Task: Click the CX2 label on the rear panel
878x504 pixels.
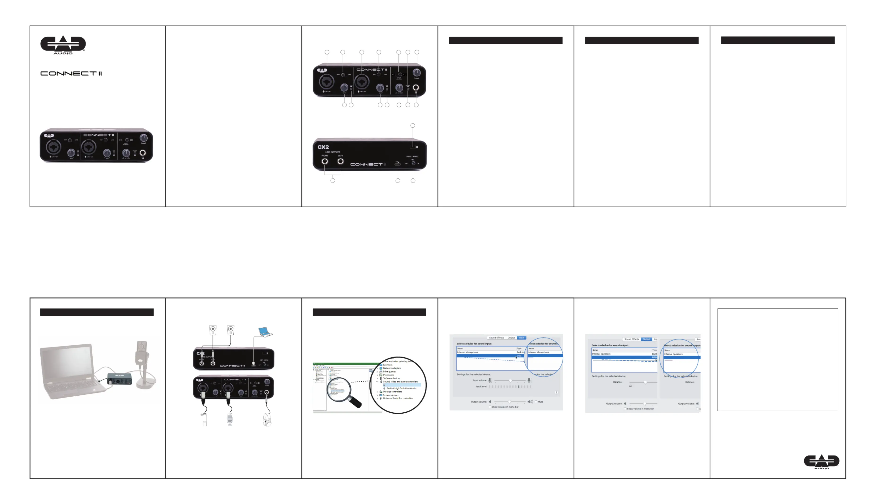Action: [323, 147]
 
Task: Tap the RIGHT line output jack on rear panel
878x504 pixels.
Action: [325, 161]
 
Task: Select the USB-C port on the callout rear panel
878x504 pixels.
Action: [397, 164]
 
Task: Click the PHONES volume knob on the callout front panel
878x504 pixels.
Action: [417, 72]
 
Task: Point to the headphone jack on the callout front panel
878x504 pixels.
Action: [416, 88]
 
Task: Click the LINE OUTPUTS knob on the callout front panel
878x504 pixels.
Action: [399, 88]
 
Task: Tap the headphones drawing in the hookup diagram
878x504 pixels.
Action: [267, 420]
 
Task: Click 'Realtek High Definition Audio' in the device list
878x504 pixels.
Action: [401, 388]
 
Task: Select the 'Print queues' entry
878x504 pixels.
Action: [389, 371]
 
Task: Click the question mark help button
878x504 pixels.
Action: [556, 393]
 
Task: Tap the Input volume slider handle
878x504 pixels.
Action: [510, 381]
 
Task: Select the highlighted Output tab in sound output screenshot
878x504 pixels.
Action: [646, 339]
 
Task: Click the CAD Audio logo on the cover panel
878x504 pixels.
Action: [63, 45]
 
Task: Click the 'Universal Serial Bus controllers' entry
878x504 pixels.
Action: [398, 398]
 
